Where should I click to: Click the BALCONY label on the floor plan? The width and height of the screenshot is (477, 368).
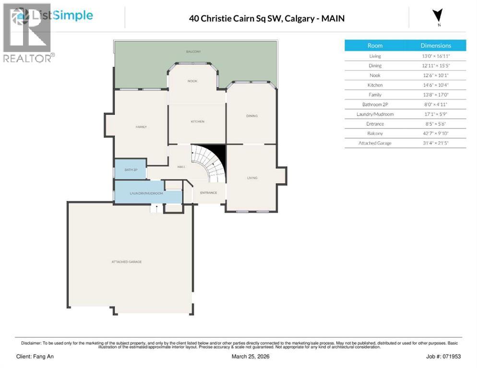[193, 51]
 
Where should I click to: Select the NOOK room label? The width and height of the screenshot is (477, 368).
[192, 81]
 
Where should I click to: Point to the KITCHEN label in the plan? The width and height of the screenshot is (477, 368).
[197, 121]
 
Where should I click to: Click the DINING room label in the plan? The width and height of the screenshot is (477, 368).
[252, 115]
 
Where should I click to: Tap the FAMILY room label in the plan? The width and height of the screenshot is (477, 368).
[141, 126]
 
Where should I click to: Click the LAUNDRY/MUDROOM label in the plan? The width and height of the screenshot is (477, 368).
[146, 193]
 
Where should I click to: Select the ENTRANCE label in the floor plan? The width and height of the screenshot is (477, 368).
[208, 193]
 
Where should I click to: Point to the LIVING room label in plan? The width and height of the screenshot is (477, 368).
[252, 178]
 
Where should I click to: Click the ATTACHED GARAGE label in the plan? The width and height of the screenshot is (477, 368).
[126, 262]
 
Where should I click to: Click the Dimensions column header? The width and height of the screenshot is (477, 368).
[436, 46]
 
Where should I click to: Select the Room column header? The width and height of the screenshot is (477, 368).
[375, 46]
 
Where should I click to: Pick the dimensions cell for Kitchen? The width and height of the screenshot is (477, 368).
[436, 85]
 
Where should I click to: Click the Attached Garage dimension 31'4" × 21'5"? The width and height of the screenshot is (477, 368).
[436, 143]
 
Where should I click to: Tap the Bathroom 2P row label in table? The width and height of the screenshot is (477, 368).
[375, 104]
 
